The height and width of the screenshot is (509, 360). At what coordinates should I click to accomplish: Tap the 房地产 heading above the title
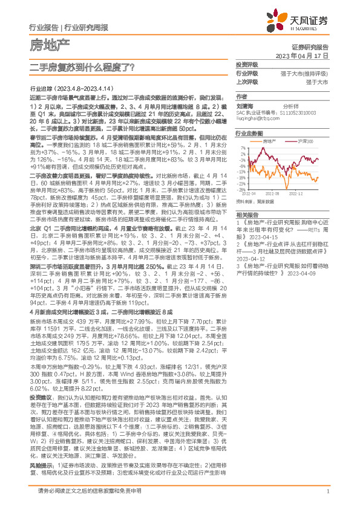click(x=50, y=44)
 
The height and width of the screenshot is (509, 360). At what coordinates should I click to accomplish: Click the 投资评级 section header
click(x=247, y=64)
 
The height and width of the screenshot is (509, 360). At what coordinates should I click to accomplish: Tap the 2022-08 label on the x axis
click(x=273, y=193)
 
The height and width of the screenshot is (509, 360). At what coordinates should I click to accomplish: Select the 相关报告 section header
click(x=247, y=215)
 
